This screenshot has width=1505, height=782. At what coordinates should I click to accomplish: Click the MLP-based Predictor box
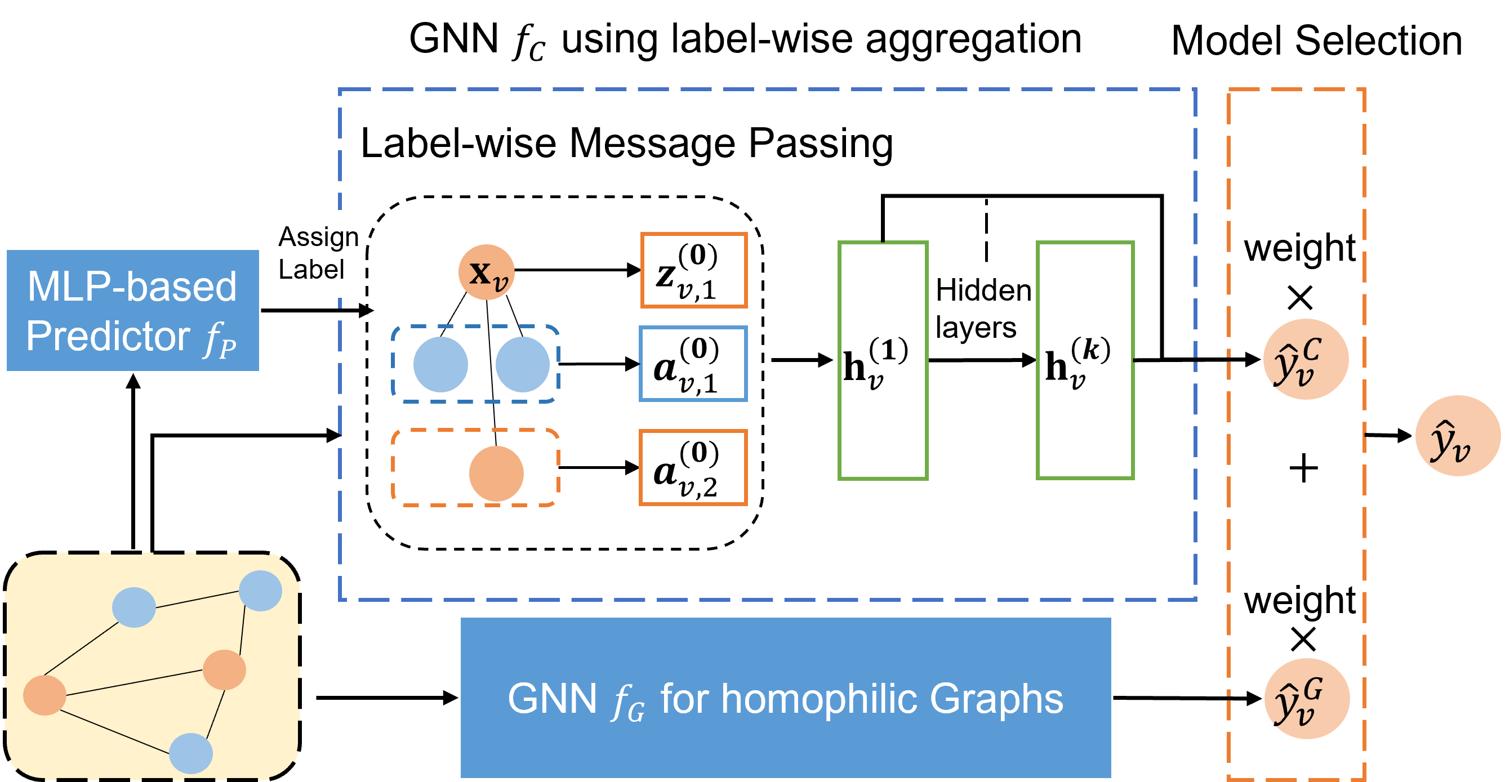tap(132, 311)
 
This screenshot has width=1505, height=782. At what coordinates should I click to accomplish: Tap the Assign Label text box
tap(318, 253)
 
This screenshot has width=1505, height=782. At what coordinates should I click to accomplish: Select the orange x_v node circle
tap(486, 272)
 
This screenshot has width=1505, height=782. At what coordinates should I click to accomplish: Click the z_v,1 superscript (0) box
tap(693, 270)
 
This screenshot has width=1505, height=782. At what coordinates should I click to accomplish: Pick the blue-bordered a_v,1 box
tap(693, 364)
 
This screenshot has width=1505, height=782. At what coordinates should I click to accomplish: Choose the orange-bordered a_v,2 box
tap(693, 468)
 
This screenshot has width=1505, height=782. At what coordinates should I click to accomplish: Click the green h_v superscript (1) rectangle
tap(883, 361)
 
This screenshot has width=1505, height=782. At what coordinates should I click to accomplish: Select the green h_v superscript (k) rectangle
tap(1085, 361)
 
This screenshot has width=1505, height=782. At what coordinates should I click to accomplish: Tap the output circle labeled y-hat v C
tap(1306, 359)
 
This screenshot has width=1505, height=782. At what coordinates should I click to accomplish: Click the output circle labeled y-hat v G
tap(1307, 699)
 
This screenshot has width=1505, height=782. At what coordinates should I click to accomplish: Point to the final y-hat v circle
tap(1457, 436)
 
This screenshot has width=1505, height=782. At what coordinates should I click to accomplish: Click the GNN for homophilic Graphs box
tap(786, 698)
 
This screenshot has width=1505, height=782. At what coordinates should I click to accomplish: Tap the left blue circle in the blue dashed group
tap(440, 364)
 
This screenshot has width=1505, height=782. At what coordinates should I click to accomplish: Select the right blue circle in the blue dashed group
tap(522, 364)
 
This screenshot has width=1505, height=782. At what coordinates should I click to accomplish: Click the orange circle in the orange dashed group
tap(496, 473)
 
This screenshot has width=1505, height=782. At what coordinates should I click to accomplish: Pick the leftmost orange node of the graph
tap(44, 695)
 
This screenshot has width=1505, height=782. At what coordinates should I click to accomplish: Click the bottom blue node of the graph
tap(191, 753)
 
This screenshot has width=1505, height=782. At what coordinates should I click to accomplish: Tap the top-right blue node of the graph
tap(261, 591)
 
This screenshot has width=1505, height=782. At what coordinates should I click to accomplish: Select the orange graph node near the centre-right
tap(224, 669)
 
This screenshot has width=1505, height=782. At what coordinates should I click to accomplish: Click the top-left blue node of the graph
tap(134, 607)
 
